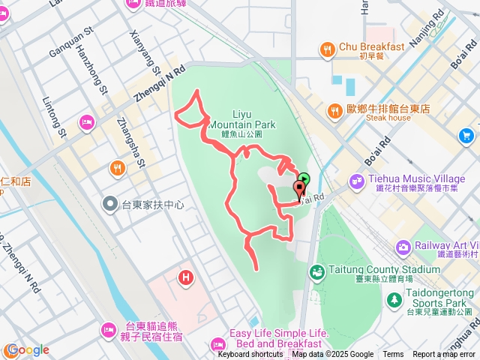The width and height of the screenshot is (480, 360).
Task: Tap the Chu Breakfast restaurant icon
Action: click(x=328, y=50)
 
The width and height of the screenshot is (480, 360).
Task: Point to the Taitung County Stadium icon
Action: click(x=316, y=270)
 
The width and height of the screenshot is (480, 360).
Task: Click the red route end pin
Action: click(x=300, y=186)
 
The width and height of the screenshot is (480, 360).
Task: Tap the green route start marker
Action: click(x=303, y=178)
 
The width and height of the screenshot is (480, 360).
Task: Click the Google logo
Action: click(x=27, y=349)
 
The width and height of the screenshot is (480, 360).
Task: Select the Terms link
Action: click(x=393, y=355)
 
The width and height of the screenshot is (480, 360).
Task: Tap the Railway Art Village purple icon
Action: click(x=404, y=247)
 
